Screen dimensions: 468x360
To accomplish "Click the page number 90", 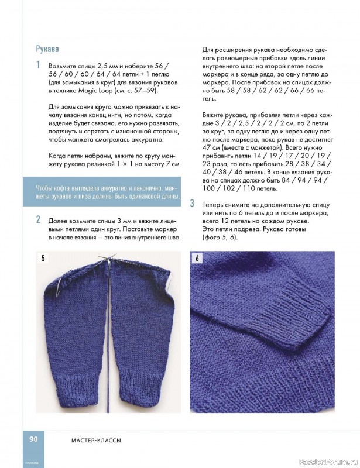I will click(30, 439).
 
